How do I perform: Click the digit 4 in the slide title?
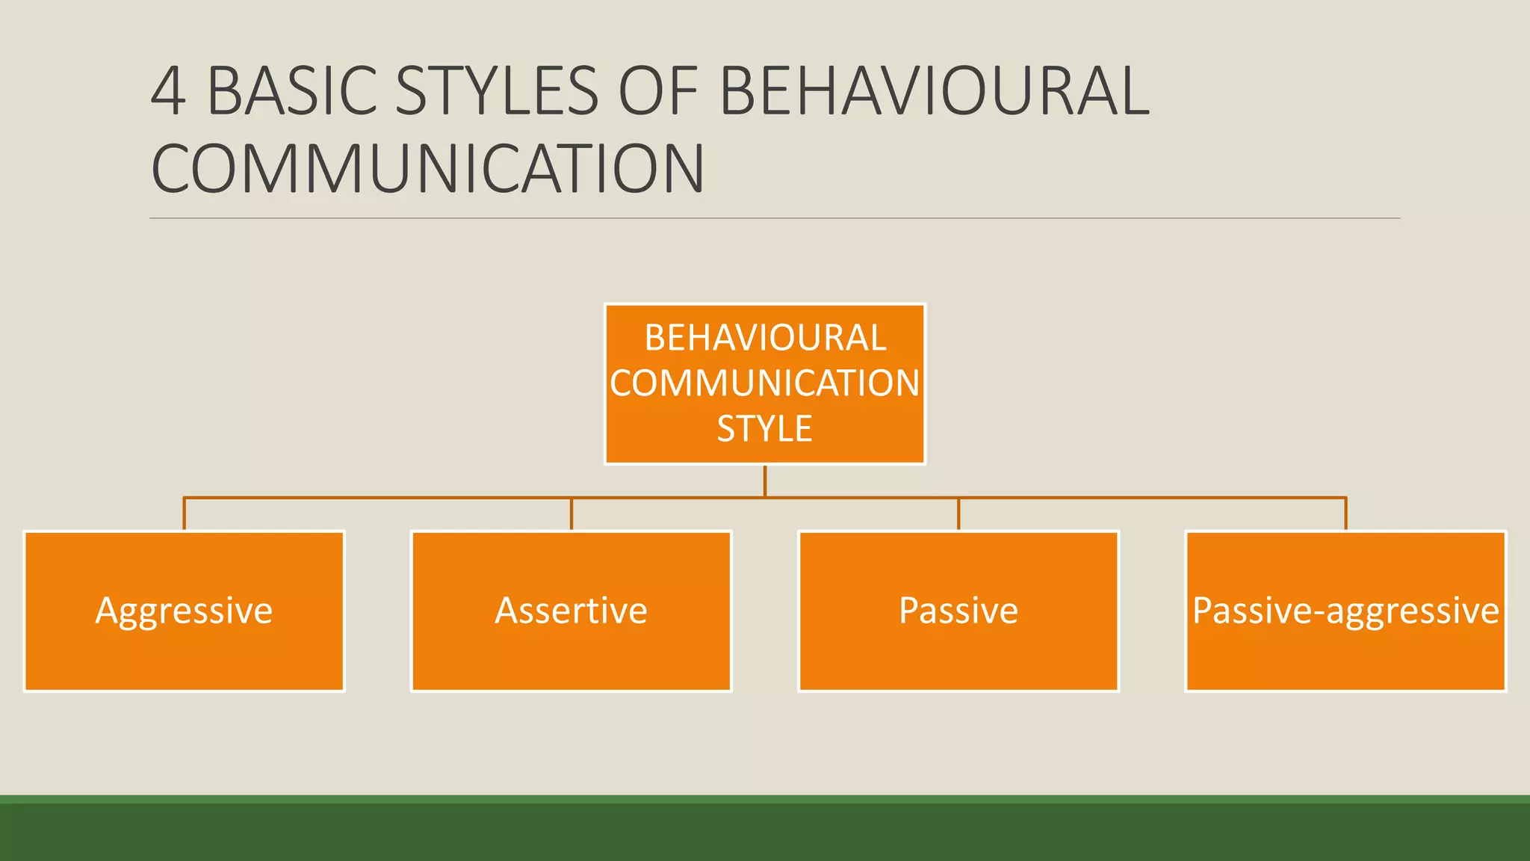(x=169, y=91)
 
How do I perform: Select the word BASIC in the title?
(x=291, y=91)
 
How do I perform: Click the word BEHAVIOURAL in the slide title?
(x=934, y=91)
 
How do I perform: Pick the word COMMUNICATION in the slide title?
(x=428, y=169)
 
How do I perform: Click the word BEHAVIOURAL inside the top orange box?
(x=765, y=338)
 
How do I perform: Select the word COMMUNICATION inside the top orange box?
(x=765, y=383)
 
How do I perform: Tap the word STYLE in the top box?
(x=765, y=429)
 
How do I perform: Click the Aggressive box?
(x=184, y=611)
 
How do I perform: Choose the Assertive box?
(x=572, y=611)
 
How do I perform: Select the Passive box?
(x=958, y=611)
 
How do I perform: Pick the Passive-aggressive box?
(x=1345, y=611)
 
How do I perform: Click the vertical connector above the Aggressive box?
(x=185, y=514)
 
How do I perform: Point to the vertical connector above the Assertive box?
(x=572, y=514)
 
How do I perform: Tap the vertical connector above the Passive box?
(x=958, y=514)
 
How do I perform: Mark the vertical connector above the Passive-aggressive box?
(x=1345, y=514)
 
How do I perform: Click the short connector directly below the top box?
(x=765, y=481)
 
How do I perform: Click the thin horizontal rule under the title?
(x=775, y=218)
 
